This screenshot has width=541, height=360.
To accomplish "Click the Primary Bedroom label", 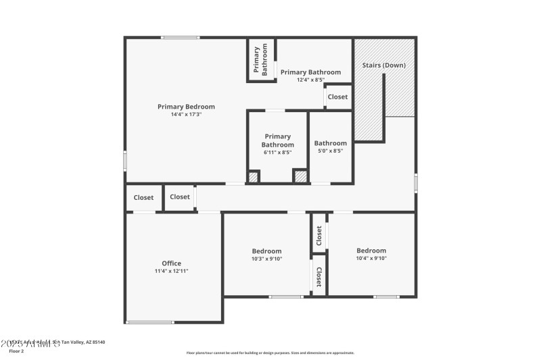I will click(x=186, y=107).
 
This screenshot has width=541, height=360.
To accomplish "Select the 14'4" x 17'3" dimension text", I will click(x=186, y=115).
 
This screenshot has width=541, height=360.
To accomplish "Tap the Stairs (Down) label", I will click(x=384, y=66).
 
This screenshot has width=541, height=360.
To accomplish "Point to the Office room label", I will click(x=171, y=263).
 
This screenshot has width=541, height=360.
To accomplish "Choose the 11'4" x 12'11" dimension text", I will click(x=171, y=271).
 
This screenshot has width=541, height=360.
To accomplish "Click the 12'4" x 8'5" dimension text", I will click(x=310, y=80).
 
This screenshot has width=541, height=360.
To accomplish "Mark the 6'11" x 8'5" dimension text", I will click(x=277, y=153).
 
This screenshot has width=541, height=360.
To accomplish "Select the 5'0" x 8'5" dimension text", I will click(x=330, y=151).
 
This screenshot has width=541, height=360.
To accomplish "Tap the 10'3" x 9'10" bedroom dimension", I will click(x=266, y=258).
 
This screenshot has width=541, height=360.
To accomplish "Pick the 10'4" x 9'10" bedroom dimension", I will click(x=371, y=258).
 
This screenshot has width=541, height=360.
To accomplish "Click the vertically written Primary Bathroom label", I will click(x=260, y=59).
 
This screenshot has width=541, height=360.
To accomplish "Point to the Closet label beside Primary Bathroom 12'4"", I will click(x=337, y=97).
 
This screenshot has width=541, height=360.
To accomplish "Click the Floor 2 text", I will click(x=16, y=351).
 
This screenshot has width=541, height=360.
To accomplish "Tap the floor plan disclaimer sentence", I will click(x=270, y=353).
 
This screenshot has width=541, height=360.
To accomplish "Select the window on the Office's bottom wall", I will click(x=150, y=322).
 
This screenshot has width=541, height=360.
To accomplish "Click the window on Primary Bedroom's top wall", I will click(x=180, y=37).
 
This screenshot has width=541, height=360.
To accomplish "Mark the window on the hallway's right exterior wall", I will click(x=415, y=183).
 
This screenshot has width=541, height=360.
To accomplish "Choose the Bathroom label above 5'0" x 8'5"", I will click(x=330, y=143).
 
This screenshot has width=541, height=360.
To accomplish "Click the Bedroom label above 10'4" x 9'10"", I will click(x=371, y=251).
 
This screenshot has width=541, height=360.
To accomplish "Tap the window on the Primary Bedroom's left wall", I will click(x=125, y=160).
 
